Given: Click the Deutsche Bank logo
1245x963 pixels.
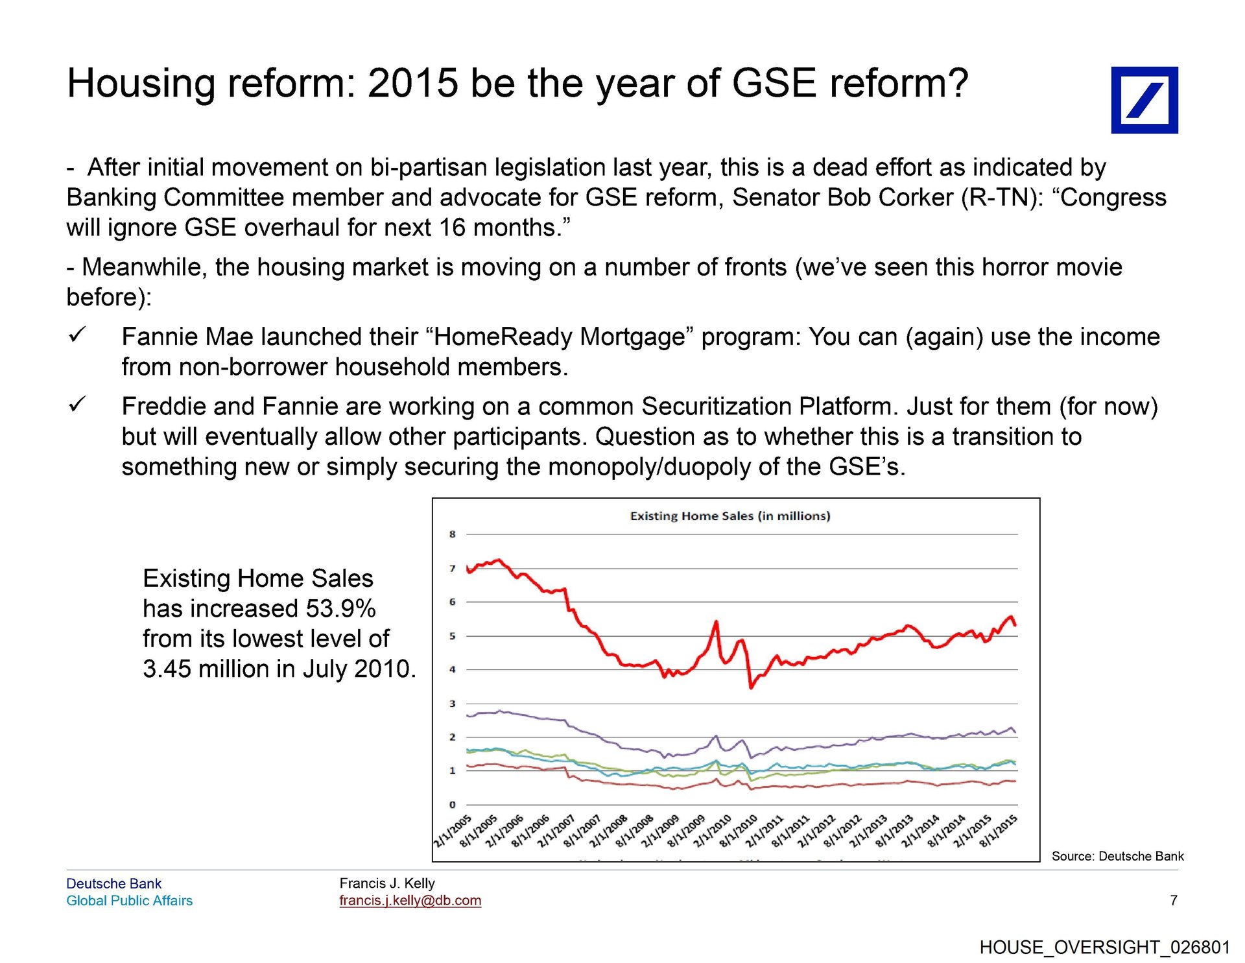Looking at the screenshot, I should (x=1144, y=100).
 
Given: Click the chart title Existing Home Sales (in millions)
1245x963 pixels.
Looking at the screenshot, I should (x=729, y=516).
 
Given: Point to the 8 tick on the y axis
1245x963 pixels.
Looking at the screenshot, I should (x=452, y=534).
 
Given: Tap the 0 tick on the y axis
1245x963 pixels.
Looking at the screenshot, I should (x=452, y=805).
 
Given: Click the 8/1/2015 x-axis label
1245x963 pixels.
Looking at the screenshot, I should (x=999, y=831).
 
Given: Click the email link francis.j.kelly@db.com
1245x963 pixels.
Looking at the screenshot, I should (x=410, y=901).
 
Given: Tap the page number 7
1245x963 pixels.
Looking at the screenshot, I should (x=1173, y=900).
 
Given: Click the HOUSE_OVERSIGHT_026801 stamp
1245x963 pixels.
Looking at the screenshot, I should (x=1104, y=947).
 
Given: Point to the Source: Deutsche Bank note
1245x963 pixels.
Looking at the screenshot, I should (x=1117, y=856).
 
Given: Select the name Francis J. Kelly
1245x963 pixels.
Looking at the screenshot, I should (x=387, y=883).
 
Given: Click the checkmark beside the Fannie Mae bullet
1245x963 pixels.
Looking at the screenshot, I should (x=77, y=335).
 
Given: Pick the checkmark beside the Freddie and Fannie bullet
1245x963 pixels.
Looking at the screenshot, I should (x=77, y=405).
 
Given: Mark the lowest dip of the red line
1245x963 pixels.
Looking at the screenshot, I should (x=751, y=687).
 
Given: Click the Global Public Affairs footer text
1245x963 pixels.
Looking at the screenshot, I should (x=129, y=901).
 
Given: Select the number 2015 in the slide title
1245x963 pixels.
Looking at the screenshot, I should (x=413, y=84).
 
